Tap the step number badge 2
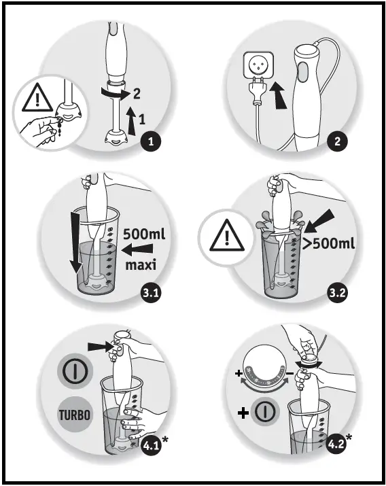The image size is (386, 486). [338, 142]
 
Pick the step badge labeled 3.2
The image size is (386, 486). [337, 294]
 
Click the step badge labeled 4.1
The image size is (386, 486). [152, 447]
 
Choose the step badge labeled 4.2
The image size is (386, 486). [336, 447]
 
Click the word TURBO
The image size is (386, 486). [71, 414]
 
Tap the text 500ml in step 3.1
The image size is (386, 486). [145, 235]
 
